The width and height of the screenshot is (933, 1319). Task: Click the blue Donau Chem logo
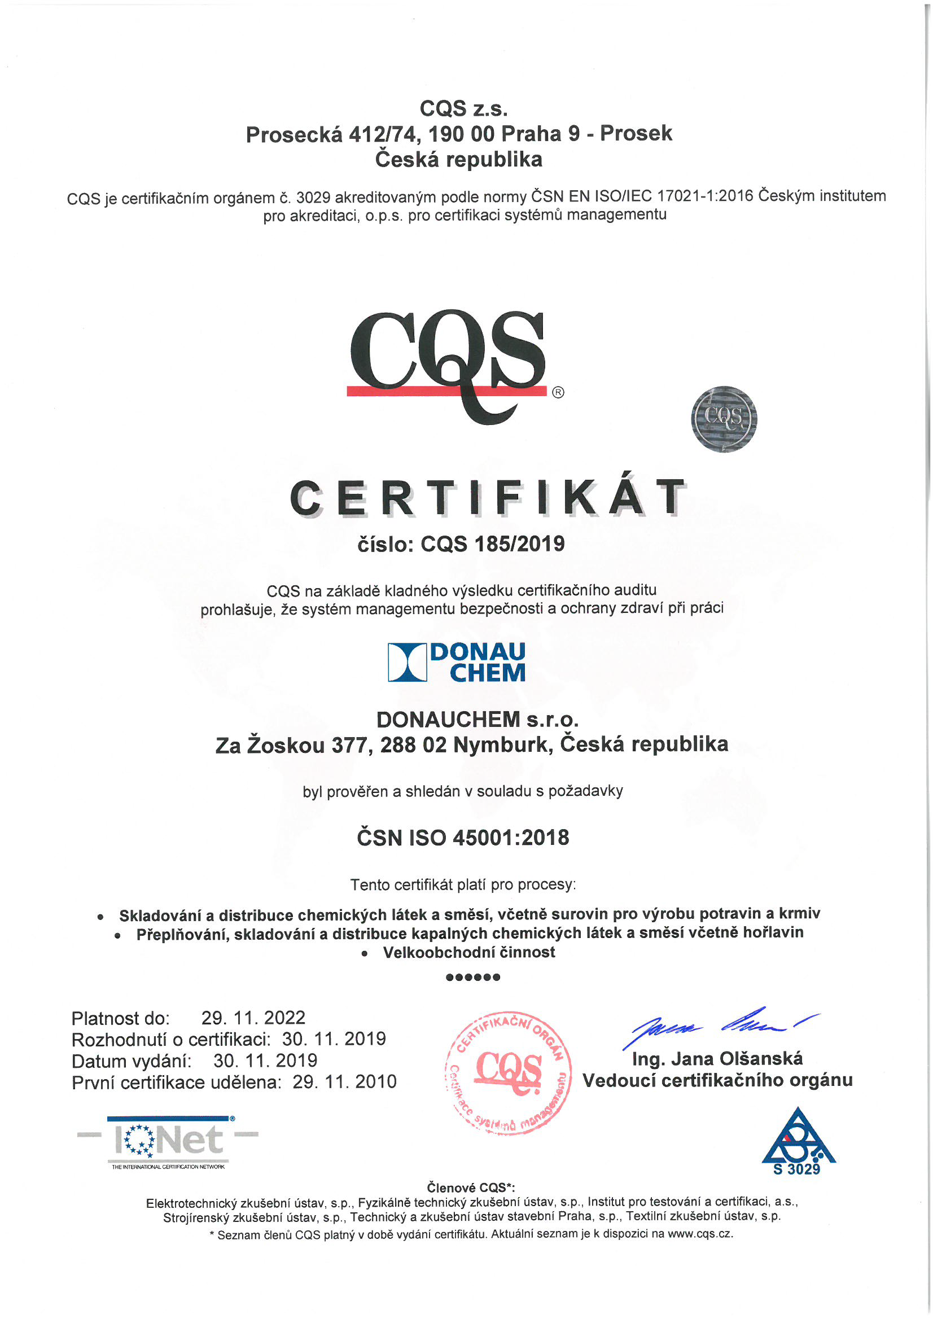(457, 662)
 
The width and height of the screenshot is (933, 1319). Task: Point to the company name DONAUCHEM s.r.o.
(477, 719)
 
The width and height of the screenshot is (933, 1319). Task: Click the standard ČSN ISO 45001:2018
(462, 838)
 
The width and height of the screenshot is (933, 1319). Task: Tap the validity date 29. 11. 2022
(253, 1018)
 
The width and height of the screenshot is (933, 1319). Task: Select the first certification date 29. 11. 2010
(344, 1081)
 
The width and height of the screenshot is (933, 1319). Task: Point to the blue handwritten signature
(721, 1025)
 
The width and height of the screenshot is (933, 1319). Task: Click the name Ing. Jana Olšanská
(717, 1058)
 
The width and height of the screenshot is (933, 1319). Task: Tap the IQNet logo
(168, 1141)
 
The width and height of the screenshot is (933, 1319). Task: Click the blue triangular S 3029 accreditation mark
(798, 1141)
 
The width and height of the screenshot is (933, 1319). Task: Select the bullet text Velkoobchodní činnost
(469, 953)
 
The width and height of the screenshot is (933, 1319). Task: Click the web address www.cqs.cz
(700, 1233)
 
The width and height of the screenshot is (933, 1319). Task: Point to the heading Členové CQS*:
(471, 1187)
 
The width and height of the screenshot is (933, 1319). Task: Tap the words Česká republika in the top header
(458, 159)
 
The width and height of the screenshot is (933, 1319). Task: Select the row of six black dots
(473, 977)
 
